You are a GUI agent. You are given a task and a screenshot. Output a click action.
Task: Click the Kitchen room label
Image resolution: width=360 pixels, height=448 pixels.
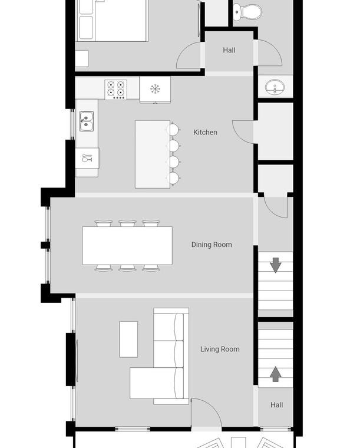205,132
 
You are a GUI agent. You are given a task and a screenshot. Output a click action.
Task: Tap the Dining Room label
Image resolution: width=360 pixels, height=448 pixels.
212,245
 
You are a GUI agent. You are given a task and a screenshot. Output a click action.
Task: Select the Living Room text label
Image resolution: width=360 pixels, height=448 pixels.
220,349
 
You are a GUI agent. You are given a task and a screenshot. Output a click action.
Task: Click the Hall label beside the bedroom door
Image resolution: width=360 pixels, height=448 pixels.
229,50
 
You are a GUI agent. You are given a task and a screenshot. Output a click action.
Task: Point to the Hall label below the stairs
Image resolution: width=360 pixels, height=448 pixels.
276,405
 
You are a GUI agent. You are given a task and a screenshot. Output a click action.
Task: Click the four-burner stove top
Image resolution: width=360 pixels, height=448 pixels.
115,90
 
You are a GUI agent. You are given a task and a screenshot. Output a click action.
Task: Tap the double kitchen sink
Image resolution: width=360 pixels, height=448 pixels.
86,121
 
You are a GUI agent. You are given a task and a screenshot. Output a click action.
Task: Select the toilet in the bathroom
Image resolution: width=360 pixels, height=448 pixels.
247,12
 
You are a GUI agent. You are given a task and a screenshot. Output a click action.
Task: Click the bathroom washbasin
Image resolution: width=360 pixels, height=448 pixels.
275,87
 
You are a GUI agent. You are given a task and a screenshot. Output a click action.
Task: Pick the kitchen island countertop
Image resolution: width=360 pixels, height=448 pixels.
153,154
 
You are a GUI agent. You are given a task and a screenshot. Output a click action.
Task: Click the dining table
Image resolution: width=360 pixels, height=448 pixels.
127,246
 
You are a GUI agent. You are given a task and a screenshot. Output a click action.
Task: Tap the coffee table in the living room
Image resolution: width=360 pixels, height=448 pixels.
128,339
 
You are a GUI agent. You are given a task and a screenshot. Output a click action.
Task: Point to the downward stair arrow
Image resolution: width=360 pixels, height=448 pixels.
275,265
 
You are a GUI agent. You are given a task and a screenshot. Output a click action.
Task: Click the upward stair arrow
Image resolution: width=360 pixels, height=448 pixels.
275,374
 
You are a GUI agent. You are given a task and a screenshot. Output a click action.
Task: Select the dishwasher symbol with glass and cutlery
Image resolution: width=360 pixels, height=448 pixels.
87,158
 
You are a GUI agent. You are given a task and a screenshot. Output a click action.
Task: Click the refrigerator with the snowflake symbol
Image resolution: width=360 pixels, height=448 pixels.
155,90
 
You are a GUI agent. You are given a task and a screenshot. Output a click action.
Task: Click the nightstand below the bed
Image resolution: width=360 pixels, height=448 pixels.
82,58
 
